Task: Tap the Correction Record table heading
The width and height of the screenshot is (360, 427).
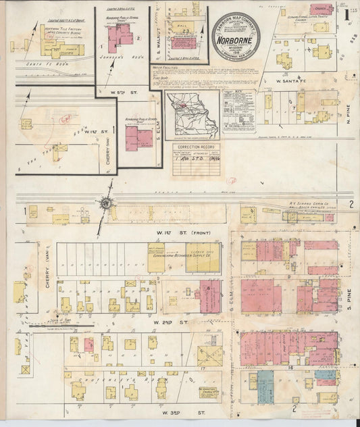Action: coord(194,147)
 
